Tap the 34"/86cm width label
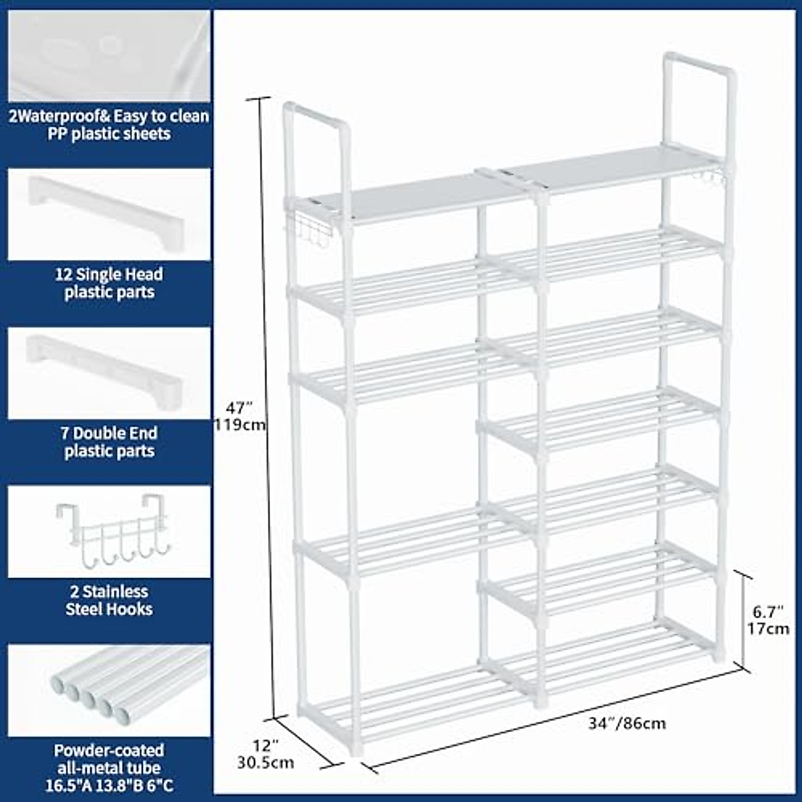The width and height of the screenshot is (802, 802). point(627,723)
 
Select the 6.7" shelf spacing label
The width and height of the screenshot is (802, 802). point(767,611)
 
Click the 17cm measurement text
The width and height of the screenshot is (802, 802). point(768,628)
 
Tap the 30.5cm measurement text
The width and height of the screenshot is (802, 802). point(265,763)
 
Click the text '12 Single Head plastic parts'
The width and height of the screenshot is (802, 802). point(109,283)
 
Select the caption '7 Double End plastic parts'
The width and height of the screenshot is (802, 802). point(109,442)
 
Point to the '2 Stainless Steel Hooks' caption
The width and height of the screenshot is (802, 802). point(109,600)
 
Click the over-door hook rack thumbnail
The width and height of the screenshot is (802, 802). point(109,531)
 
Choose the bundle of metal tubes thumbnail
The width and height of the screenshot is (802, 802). point(109,691)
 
